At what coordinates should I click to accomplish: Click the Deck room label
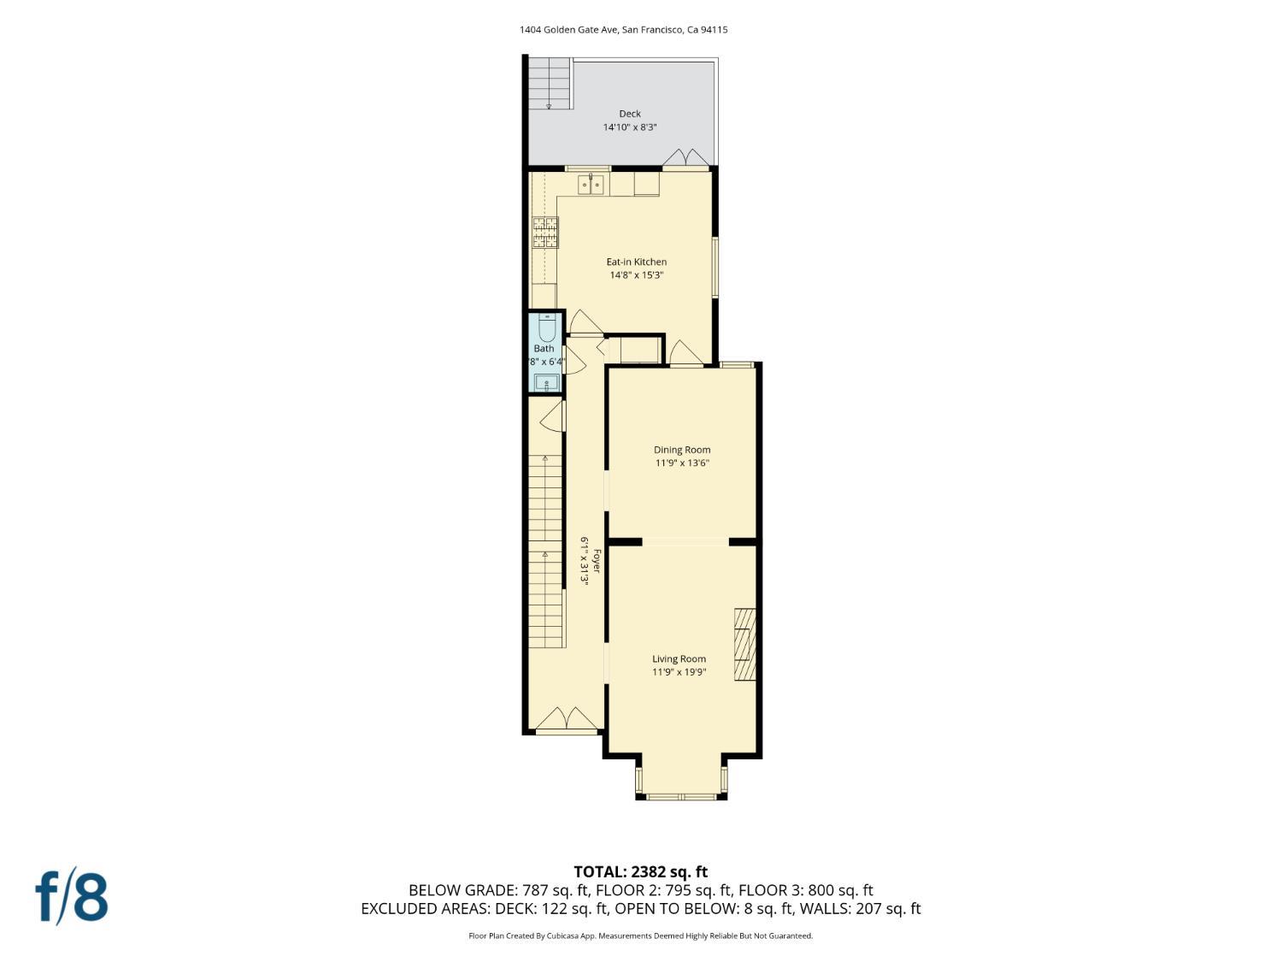click(630, 114)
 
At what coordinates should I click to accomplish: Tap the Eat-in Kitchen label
click(636, 262)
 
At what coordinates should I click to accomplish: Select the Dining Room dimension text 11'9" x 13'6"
click(682, 463)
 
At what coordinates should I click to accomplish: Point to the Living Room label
click(679, 658)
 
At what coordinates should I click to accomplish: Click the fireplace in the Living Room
click(745, 644)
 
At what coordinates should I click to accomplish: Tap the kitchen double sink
click(591, 184)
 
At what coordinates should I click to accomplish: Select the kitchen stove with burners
click(545, 233)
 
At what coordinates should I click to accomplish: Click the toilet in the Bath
click(547, 328)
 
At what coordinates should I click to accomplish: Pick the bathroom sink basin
click(546, 382)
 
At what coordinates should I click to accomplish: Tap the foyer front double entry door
click(567, 720)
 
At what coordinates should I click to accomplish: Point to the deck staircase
click(549, 83)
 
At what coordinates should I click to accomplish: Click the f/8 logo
click(72, 895)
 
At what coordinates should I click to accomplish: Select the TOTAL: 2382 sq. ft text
click(640, 872)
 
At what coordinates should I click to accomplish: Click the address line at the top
click(623, 30)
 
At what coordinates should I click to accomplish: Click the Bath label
click(544, 348)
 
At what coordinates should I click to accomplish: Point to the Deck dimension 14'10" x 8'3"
click(630, 127)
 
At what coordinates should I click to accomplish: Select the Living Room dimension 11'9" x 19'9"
click(679, 672)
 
